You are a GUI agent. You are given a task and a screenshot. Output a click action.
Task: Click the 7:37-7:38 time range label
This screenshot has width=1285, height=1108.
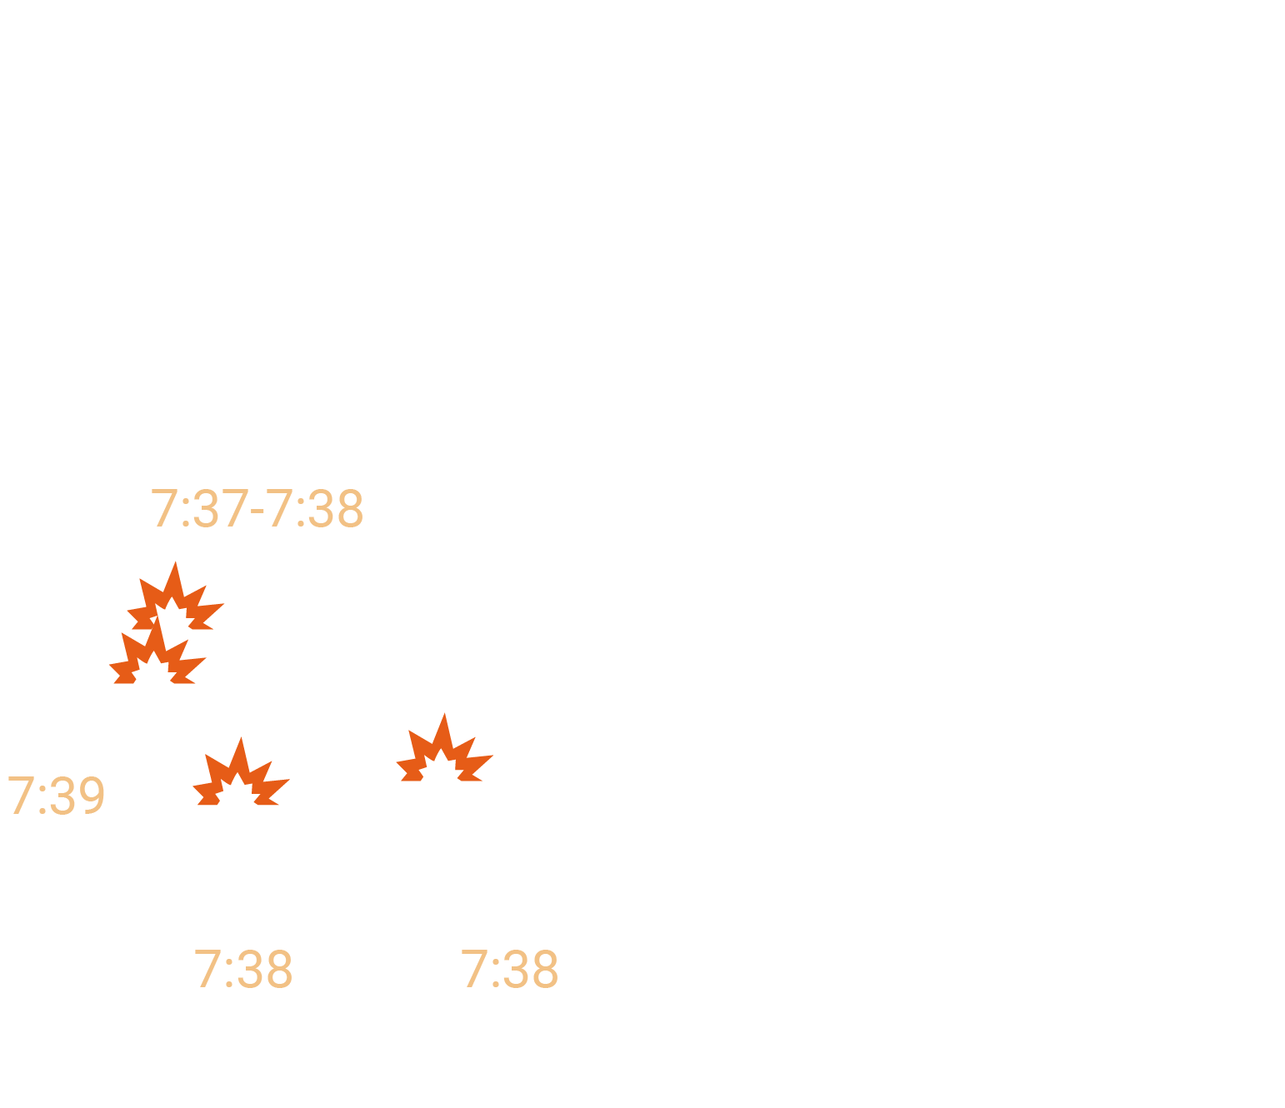(257, 508)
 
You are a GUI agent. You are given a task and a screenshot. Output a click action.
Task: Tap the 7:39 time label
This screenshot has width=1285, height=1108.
(56, 796)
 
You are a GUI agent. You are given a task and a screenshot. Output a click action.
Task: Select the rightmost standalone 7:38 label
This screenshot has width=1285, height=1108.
(509, 969)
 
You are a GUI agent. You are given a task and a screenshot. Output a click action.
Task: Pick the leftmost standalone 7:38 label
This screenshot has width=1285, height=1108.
(243, 969)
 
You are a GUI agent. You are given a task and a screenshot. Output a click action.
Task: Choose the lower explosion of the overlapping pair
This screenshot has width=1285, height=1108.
(157, 651)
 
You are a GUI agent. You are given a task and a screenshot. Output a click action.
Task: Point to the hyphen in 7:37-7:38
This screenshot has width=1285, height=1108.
(257, 512)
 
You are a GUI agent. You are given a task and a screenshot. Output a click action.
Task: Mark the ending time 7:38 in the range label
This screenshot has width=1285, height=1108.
(314, 508)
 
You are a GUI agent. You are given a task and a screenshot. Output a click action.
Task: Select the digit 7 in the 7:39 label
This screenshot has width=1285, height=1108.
(21, 796)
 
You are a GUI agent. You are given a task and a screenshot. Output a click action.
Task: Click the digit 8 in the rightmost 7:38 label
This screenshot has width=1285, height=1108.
(547, 969)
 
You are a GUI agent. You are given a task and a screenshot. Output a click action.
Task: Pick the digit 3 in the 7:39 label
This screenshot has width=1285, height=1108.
(62, 796)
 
